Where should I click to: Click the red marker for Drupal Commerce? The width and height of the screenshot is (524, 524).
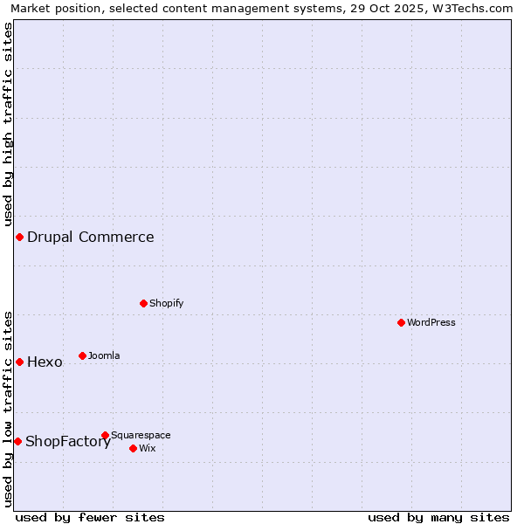(x=19, y=238)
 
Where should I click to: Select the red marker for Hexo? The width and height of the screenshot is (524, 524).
(x=19, y=362)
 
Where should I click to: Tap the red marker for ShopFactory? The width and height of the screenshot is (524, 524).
(x=17, y=441)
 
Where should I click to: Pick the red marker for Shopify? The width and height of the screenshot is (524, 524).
(x=143, y=303)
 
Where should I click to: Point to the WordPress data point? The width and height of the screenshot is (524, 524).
(x=401, y=322)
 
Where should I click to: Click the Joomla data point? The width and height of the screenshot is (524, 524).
(x=82, y=355)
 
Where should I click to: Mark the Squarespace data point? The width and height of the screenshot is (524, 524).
(x=105, y=435)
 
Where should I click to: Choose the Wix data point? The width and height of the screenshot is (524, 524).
(x=133, y=448)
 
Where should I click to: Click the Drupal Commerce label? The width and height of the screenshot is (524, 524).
(x=90, y=238)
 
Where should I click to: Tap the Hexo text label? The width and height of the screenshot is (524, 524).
(x=45, y=362)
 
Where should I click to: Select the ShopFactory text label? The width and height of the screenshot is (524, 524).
(x=68, y=442)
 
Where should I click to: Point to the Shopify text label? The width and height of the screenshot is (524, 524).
(x=166, y=303)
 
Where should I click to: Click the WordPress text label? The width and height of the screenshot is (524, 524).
(x=431, y=322)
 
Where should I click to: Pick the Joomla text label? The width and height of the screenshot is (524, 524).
(x=104, y=355)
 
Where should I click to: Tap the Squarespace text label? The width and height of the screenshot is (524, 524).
(x=141, y=435)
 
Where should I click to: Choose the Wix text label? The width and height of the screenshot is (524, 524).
(x=147, y=448)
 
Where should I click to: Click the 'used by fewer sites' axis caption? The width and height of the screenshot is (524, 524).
(x=90, y=517)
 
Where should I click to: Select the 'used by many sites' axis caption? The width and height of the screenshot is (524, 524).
(x=438, y=517)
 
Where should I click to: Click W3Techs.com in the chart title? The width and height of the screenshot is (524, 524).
(x=476, y=8)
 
